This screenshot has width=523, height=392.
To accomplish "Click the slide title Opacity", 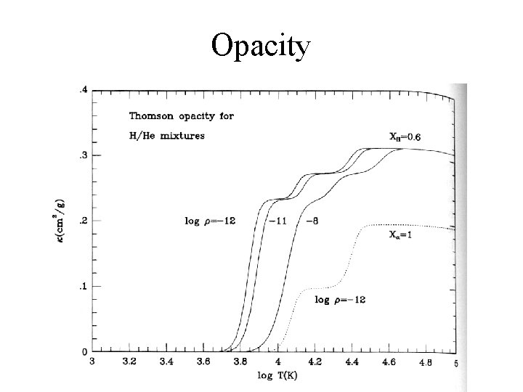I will coord(261,46).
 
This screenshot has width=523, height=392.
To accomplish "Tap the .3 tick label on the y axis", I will coord(82,155).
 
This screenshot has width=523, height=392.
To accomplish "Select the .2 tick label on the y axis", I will coord(82,221).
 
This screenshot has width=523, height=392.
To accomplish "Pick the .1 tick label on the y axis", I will coord(82,286).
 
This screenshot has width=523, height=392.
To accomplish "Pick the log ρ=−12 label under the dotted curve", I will coord(340,299).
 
